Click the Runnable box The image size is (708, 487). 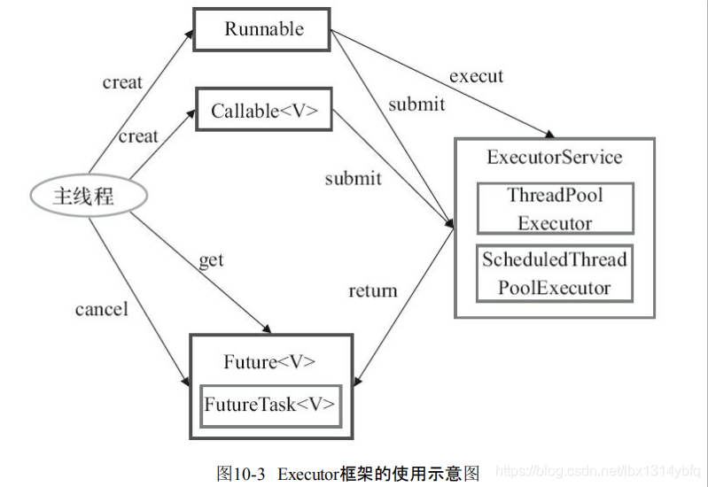tap(262, 29)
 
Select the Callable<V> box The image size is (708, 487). tap(264, 111)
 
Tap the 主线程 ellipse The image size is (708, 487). tap(83, 196)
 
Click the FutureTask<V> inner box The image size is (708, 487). tap(269, 405)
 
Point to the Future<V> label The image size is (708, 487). tap(269, 362)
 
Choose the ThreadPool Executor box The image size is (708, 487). tap(555, 209)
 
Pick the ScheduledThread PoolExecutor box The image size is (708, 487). tap(555, 274)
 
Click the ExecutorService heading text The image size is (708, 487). tap(555, 158)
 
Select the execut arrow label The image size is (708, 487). tap(476, 76)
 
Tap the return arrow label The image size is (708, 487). tap(373, 290)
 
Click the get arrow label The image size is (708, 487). tap(211, 260)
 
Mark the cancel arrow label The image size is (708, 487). tap(102, 309)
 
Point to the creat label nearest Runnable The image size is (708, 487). tap(122, 82)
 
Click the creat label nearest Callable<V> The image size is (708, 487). tap(139, 136)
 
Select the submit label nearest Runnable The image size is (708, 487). tap(416, 104)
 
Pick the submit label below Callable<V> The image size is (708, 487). tap(353, 179)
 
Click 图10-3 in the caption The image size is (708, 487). tap(241, 473)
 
